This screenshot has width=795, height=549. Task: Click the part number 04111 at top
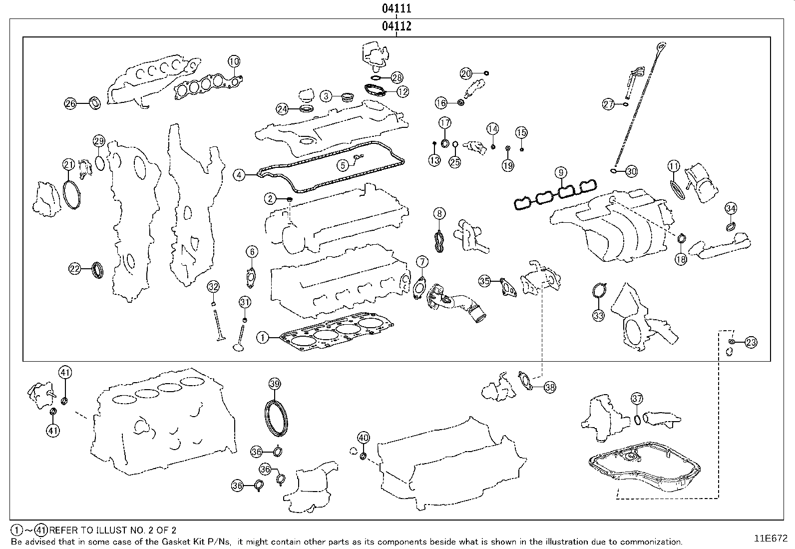(397, 8)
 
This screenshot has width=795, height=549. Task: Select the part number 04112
(397, 26)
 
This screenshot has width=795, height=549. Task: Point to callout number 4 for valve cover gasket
(240, 175)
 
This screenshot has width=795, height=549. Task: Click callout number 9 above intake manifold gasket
(561, 173)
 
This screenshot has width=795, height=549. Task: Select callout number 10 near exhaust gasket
(234, 61)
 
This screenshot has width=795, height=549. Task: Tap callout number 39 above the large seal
(274, 384)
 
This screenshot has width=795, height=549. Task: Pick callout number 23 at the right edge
(751, 342)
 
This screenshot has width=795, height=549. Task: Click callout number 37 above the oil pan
(637, 399)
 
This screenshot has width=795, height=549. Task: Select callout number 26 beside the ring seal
(70, 103)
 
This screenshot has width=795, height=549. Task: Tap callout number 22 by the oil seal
(74, 269)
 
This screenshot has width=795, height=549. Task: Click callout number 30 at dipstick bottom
(632, 171)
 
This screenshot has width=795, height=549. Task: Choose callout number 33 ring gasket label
(599, 315)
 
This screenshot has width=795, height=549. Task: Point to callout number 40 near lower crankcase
(364, 438)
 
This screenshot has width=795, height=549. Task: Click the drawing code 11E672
(771, 539)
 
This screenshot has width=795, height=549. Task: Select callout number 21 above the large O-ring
(68, 164)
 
